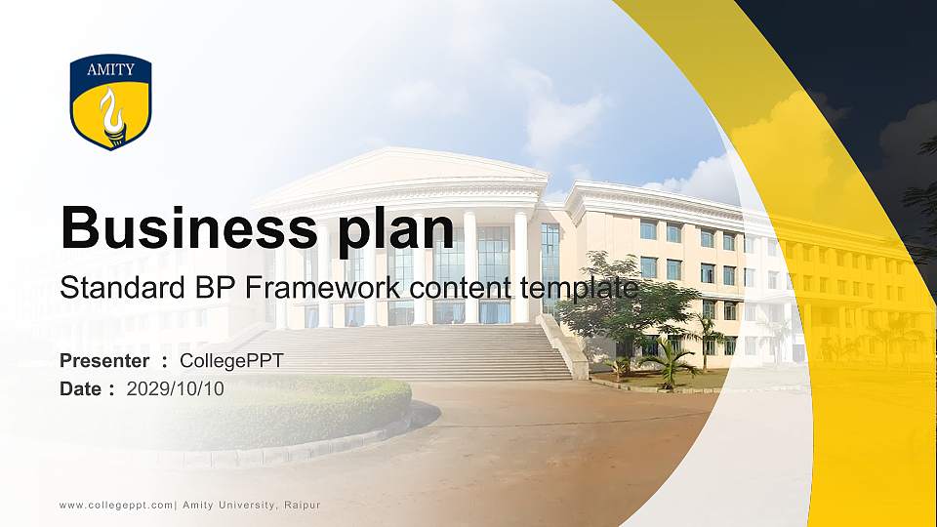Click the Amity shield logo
[x=110, y=101]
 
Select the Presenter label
[x=104, y=361]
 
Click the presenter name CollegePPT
[x=232, y=361]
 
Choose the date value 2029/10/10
[x=176, y=388]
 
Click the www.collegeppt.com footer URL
[x=116, y=505]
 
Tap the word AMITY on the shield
[x=110, y=70]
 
